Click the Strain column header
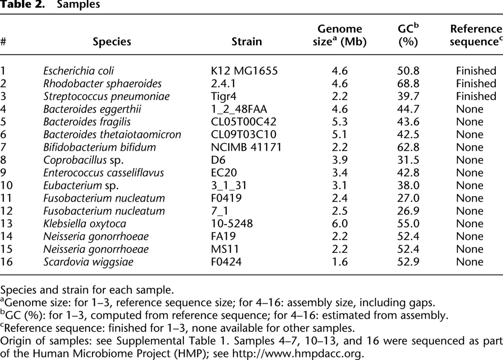246,42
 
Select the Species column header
112,42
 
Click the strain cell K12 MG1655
244,71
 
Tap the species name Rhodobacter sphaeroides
102,84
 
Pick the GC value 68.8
408,84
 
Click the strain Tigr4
224,96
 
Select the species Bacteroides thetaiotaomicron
112,134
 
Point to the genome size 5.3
340,122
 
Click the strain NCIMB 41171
246,147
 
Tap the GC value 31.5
408,160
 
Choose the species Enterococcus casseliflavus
103,173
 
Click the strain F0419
226,198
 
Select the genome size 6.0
340,224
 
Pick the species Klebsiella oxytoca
85,224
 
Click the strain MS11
225,249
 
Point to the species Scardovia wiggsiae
88,262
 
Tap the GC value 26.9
408,211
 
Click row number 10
6,185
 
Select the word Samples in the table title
78,4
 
